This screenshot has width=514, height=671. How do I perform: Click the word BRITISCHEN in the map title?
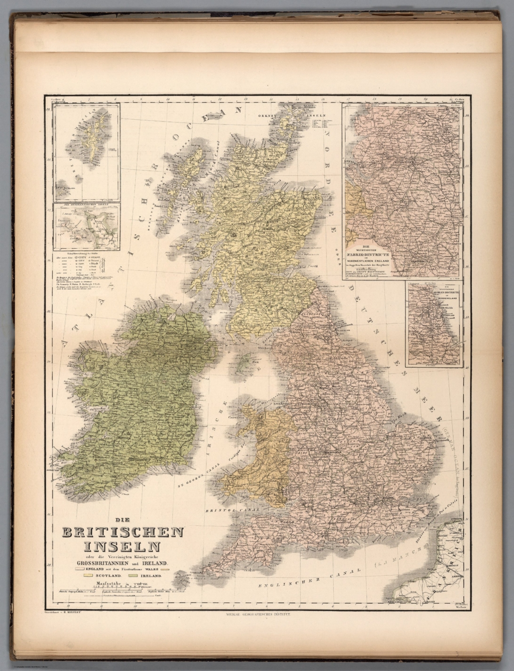click(x=124, y=533)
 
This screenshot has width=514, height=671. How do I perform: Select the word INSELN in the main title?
click(x=124, y=546)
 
